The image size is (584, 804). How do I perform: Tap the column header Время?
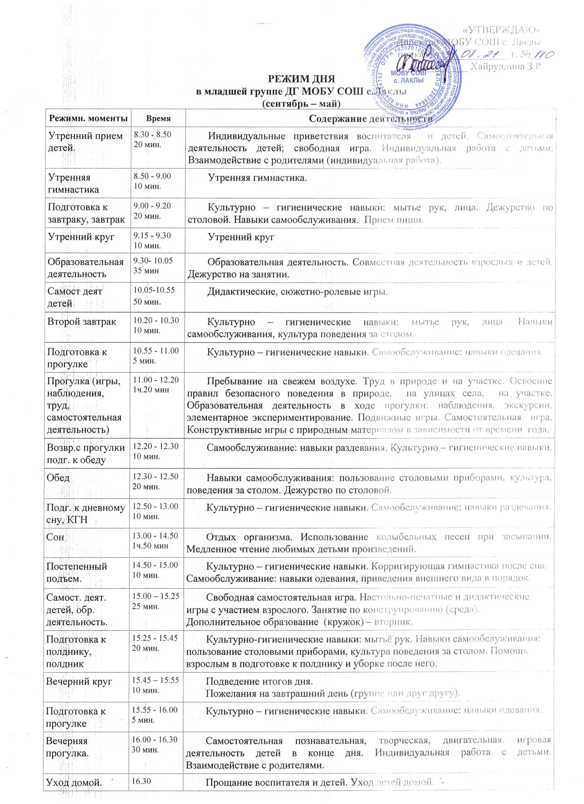tap(158, 119)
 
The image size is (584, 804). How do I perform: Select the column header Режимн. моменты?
tap(88, 119)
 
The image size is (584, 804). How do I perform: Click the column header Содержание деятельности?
tap(371, 119)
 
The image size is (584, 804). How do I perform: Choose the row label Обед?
tap(59, 478)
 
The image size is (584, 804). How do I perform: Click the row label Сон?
tap(55, 537)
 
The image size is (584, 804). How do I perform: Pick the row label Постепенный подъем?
tap(76, 572)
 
